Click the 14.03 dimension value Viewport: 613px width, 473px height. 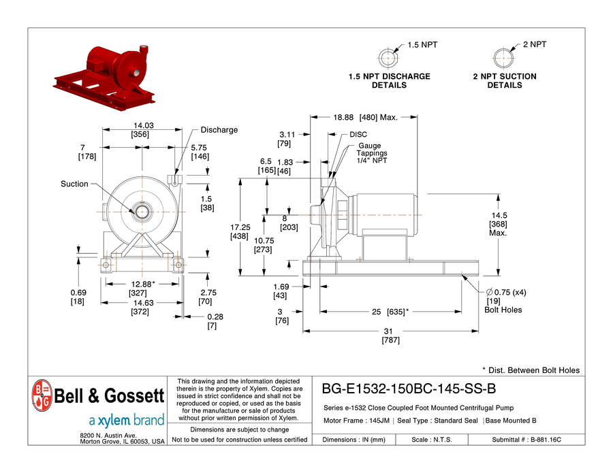tap(144, 126)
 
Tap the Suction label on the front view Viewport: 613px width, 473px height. tap(74, 184)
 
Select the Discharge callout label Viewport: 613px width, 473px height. tap(219, 130)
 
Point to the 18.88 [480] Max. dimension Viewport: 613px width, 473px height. tap(365, 117)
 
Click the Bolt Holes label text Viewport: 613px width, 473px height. tap(503, 310)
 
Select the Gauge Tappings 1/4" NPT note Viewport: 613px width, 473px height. tap(371, 153)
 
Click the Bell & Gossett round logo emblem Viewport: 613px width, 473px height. tap(42, 395)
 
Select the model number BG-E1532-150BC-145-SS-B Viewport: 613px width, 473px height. tap(409, 389)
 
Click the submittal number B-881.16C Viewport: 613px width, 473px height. tap(546, 440)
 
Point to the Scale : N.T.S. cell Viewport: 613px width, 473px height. tap(432, 440)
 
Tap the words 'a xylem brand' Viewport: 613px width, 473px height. tap(127, 421)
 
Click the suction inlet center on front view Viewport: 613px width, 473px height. tap(142, 212)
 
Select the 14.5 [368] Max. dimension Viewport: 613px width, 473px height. tap(499, 224)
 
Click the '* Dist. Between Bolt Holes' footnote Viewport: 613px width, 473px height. tap(531, 370)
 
